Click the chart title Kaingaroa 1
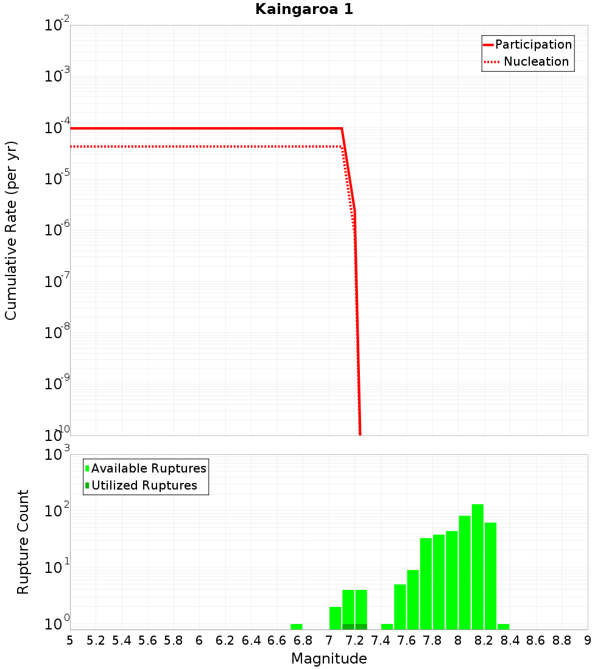[303, 10]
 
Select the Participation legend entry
[527, 44]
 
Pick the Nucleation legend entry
[527, 61]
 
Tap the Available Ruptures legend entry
[146, 468]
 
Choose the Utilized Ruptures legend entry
[141, 485]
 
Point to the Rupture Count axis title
[23, 541]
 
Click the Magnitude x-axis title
[329, 659]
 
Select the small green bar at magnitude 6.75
[297, 626]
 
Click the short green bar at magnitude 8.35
[504, 626]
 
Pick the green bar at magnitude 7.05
[335, 618]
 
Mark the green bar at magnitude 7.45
[387, 626]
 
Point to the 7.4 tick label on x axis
[381, 640]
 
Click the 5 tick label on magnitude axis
[70, 640]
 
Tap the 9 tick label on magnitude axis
[587, 640]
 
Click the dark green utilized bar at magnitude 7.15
[348, 626]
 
